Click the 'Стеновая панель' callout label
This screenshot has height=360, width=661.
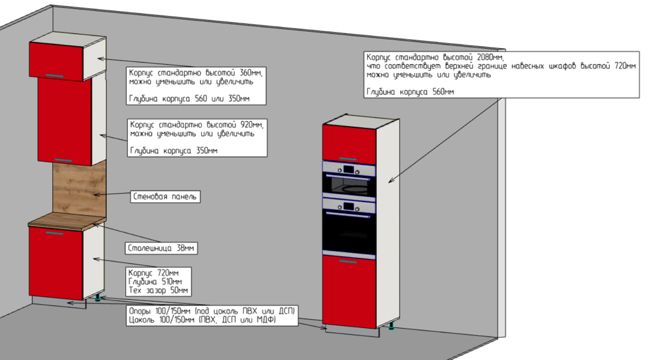165,197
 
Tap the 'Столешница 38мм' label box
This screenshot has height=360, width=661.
161,248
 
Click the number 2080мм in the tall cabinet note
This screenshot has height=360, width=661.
490,57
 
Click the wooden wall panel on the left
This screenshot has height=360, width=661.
79,190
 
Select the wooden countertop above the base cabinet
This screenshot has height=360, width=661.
67,221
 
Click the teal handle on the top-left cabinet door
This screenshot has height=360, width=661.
54,76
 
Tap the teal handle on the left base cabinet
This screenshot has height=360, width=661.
54,233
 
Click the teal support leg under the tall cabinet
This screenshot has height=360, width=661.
392,325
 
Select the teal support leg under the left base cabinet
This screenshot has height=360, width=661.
98,299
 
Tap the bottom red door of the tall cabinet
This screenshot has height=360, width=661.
349,291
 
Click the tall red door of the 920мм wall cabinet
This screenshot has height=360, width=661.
64,121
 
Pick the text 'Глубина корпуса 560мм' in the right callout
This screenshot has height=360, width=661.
410,92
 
